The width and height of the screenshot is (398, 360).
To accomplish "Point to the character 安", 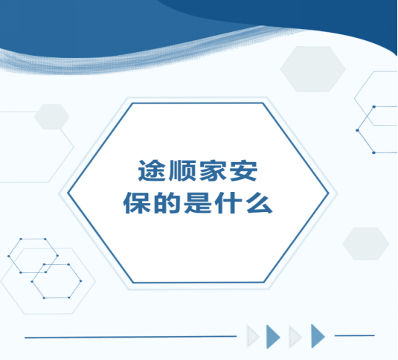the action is [243, 170].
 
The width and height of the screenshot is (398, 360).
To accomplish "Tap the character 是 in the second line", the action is [198, 203].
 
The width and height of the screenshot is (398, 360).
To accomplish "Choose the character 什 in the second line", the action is [228, 203].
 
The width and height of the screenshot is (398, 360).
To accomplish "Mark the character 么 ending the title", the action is [259, 203].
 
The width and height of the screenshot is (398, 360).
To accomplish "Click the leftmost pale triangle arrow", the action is [251, 336].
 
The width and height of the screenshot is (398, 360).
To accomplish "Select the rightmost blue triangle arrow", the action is [317, 336].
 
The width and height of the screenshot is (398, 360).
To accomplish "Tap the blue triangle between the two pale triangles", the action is [272, 337].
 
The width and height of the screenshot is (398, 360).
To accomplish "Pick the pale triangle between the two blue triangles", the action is [294, 337].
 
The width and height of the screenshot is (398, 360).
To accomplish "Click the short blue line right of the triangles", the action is [355, 335].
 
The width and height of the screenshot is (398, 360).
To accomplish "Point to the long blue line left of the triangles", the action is [130, 337].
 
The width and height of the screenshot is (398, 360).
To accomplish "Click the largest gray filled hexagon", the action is [312, 68].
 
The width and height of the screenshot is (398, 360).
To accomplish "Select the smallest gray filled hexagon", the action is [52, 117].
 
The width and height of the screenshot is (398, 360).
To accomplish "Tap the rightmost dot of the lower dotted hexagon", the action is [81, 281].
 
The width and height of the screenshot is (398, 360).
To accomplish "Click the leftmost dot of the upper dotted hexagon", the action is [9, 256].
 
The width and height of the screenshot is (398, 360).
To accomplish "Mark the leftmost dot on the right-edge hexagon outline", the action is [357, 130].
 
